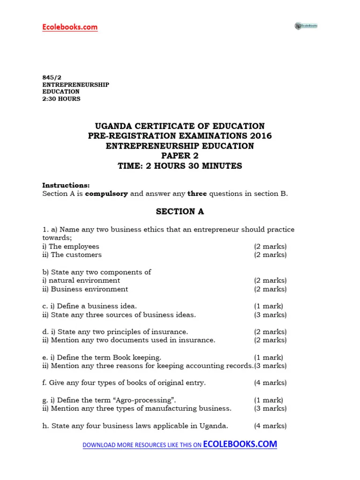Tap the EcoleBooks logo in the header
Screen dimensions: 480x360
pos(306,26)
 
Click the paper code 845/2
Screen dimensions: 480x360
pos(50,78)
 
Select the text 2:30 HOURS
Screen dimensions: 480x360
pos(61,99)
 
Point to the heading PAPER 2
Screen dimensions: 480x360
pos(180,156)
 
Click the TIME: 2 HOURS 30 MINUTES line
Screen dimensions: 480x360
pos(180,166)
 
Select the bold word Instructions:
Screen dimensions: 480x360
pos(66,185)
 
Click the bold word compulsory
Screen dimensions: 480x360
pos(106,194)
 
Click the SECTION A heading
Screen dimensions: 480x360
pos(180,211)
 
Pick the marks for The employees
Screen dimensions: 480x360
pos(270,247)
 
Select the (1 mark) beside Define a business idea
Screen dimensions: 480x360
pos(269,306)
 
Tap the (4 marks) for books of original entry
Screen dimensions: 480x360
pos(270,382)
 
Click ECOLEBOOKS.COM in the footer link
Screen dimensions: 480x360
pos(240,444)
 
